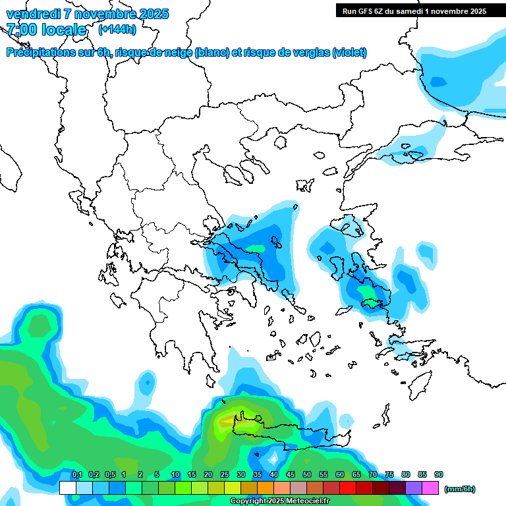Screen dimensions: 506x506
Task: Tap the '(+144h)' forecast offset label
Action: [117, 29]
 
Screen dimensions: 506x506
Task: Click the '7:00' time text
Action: [20, 30]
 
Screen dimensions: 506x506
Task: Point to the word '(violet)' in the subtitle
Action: [349, 53]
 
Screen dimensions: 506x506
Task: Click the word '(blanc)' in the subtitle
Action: [212, 53]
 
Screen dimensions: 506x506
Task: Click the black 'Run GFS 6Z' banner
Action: [414, 11]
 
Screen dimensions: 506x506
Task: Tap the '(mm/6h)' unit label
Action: [459, 489]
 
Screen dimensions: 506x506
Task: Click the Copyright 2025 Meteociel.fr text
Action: [280, 501]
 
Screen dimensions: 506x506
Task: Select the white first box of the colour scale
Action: [67, 488]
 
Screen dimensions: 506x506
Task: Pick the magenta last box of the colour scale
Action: [430, 488]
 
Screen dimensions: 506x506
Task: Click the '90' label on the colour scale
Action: [439, 475]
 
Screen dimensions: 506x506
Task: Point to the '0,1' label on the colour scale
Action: [76, 475]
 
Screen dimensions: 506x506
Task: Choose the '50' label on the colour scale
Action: [307, 475]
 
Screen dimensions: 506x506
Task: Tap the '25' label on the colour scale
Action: [225, 475]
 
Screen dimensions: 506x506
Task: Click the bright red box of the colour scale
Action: [348, 488]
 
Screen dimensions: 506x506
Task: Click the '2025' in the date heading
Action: [151, 14]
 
